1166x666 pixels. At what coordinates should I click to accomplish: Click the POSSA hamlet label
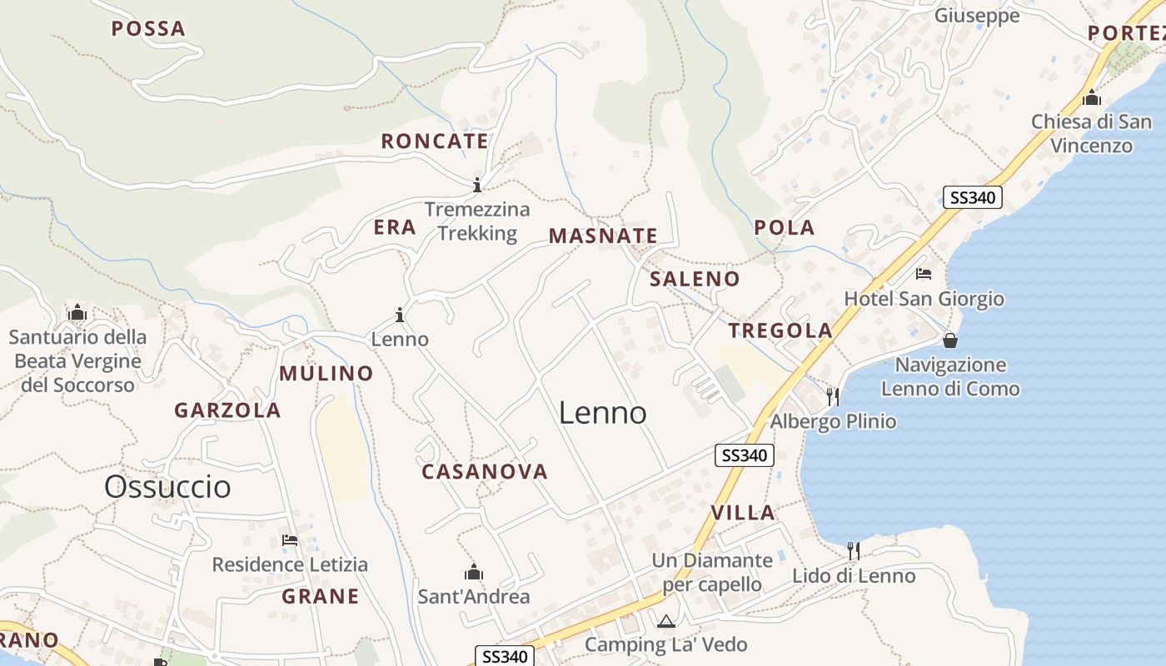coord(148,29)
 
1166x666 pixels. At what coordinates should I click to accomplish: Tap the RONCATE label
coord(435,142)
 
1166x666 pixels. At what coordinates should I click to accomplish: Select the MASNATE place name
coord(603,236)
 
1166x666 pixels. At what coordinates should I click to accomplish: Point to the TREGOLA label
coord(780,331)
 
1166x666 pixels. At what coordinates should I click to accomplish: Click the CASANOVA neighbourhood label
coord(485,472)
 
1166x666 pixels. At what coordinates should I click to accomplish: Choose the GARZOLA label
coord(227,410)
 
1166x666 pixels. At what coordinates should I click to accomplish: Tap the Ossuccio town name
coord(167,487)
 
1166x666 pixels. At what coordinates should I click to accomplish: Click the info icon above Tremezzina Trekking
coord(477,184)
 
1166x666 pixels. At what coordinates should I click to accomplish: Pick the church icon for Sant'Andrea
coord(474,572)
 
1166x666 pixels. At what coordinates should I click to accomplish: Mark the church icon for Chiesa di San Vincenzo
coord(1092,97)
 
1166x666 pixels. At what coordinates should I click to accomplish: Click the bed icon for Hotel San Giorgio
coord(923,273)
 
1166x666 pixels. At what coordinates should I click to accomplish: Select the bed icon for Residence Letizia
coord(290,540)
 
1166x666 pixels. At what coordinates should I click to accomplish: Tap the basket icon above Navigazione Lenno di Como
coord(950,340)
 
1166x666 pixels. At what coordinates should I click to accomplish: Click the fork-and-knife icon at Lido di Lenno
coord(854,550)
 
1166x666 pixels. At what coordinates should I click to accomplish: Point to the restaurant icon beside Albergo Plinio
coord(832,396)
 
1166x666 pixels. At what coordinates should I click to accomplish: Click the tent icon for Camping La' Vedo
coord(665,620)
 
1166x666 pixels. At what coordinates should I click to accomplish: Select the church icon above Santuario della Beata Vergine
coord(77,313)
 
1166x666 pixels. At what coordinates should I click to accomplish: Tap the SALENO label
coord(695,279)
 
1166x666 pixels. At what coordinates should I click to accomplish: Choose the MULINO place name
coord(326,374)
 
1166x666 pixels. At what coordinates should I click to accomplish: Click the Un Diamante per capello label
coord(712,573)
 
